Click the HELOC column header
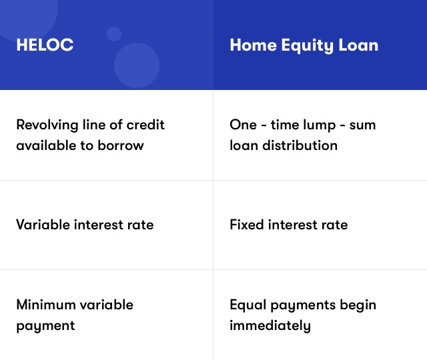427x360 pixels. click(x=45, y=45)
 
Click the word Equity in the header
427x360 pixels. click(x=307, y=46)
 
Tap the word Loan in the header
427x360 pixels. click(x=358, y=45)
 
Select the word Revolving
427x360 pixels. click(x=47, y=125)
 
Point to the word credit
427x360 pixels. click(x=145, y=125)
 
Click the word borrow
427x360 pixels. click(x=121, y=145)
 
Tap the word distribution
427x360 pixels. click(x=300, y=145)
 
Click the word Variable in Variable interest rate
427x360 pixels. click(x=43, y=225)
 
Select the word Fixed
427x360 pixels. click(x=247, y=225)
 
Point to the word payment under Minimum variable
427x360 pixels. click(x=45, y=326)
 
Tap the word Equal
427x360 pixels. click(x=248, y=305)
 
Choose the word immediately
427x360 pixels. click(x=270, y=326)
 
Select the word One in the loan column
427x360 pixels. click(x=243, y=125)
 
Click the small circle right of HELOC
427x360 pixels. click(x=114, y=34)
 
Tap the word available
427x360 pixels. click(x=45, y=145)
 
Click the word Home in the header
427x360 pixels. click(x=254, y=45)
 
